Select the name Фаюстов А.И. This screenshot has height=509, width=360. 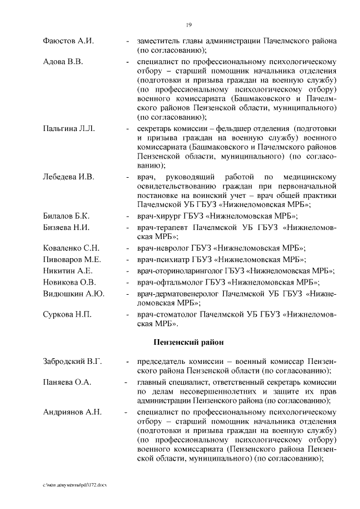tap(68, 42)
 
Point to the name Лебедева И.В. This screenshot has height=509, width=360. tap(69, 177)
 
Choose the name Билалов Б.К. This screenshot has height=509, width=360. tap(67, 216)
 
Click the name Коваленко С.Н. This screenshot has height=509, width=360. tap(71, 247)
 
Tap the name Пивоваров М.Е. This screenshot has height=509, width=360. tap(72, 259)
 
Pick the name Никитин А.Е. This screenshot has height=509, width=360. tap(67, 271)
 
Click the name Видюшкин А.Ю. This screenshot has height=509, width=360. tap(74, 294)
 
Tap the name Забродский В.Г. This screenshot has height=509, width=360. tap(73, 362)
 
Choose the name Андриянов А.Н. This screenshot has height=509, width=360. tap(73, 412)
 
